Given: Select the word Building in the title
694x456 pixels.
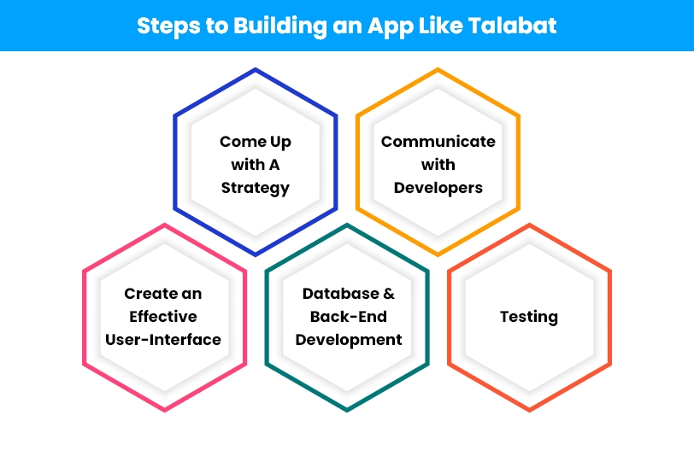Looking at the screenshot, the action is (x=280, y=26).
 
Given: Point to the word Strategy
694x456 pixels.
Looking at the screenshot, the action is (x=256, y=189).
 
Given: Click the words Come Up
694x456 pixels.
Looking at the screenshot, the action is (x=256, y=143).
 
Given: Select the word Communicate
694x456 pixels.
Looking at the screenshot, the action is (x=438, y=142).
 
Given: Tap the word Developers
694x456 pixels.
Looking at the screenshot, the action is (x=438, y=189).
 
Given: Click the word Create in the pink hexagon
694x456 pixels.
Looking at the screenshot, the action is (x=144, y=294).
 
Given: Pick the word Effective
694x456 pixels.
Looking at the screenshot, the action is (x=163, y=317).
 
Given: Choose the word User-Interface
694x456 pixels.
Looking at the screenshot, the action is (x=163, y=340).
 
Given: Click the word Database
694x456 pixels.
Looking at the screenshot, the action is (x=341, y=294).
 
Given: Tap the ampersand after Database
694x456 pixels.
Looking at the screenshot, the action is (x=389, y=294).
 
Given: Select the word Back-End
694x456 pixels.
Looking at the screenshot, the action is (x=349, y=317).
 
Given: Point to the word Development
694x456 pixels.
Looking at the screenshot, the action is (x=349, y=340).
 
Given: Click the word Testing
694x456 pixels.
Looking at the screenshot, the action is (x=529, y=317).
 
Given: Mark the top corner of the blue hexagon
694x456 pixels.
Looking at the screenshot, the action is (x=256, y=68).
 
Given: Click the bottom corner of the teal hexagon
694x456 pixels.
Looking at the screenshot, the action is (x=347, y=411).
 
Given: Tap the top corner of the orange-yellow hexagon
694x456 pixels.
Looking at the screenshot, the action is (x=438, y=68).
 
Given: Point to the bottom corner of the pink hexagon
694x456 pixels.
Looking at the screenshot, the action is (x=165, y=411).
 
